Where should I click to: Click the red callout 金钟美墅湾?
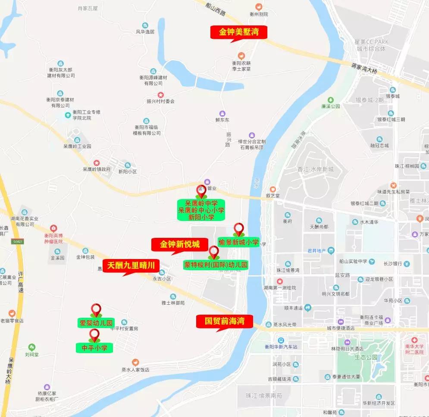pos(238,32)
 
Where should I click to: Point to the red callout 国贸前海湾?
pos(224,321)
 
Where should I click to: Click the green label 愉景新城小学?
pos(238,242)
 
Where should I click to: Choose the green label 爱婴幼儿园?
pos(96,323)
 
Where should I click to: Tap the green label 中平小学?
pos(94,347)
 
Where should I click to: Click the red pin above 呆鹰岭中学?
pos(201,191)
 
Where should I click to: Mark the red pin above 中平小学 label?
pos(94,335)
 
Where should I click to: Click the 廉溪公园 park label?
pos(331,106)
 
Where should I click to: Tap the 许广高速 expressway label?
pos(21,282)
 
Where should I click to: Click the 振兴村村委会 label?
pos(160,101)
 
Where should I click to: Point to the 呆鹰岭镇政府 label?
pos(97,169)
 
